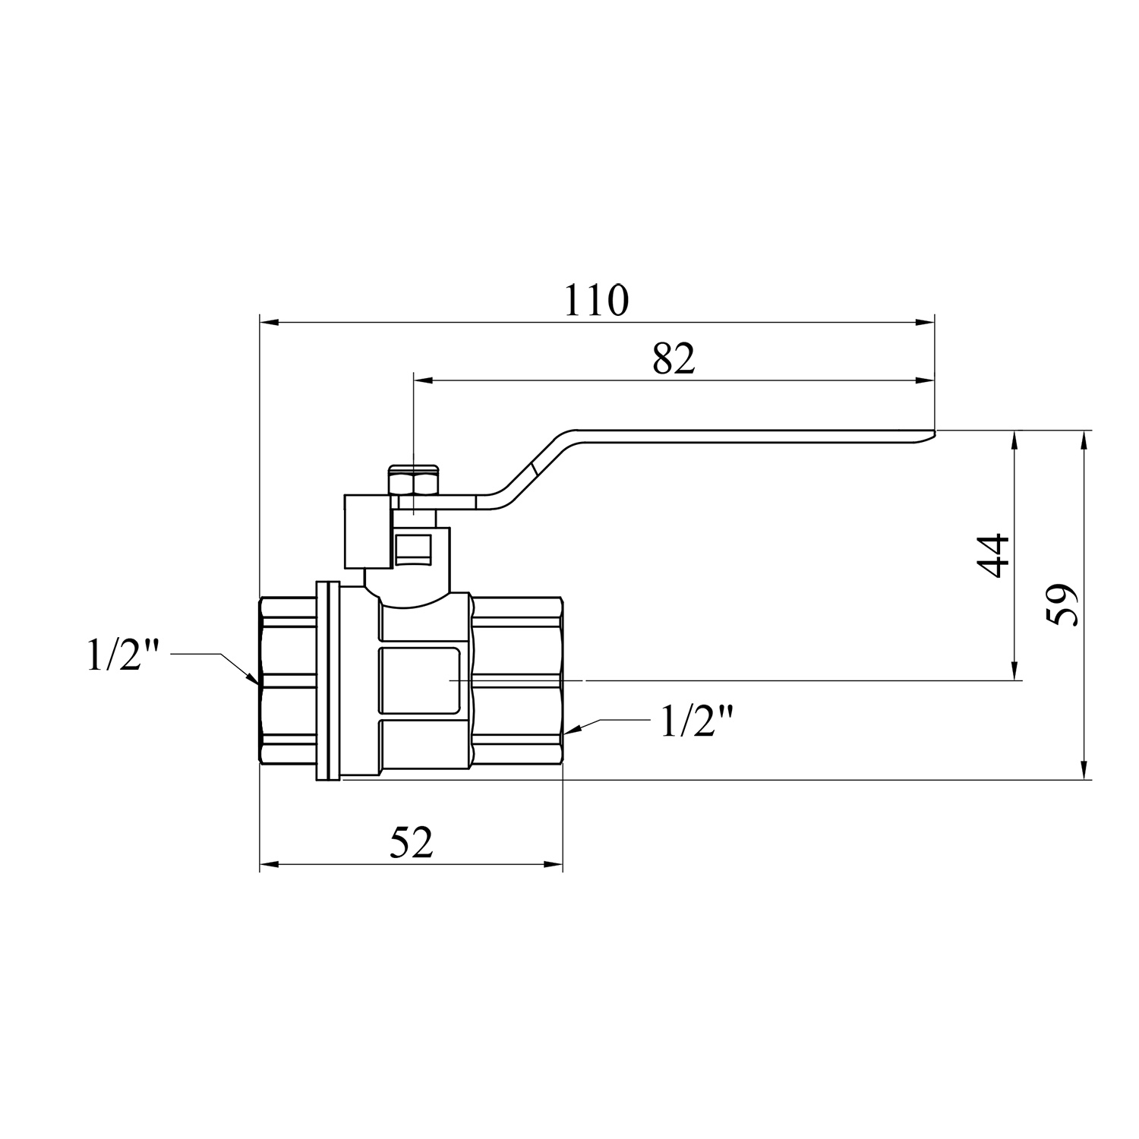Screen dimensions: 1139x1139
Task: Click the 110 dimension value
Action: click(x=596, y=301)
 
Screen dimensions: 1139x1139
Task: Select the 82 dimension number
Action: click(x=674, y=358)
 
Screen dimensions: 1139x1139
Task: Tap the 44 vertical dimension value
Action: click(x=994, y=556)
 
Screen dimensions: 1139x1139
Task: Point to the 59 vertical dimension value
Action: click(x=1062, y=604)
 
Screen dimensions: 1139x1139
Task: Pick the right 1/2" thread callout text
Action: click(x=697, y=721)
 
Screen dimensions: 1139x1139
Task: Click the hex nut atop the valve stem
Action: click(x=413, y=480)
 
